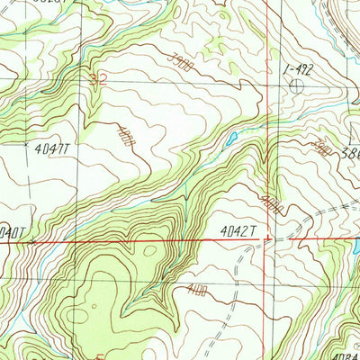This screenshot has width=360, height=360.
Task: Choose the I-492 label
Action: click(297, 67)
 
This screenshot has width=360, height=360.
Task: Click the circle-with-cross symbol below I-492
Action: click(297, 85)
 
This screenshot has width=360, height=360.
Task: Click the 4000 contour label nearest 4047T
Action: click(124, 138)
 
